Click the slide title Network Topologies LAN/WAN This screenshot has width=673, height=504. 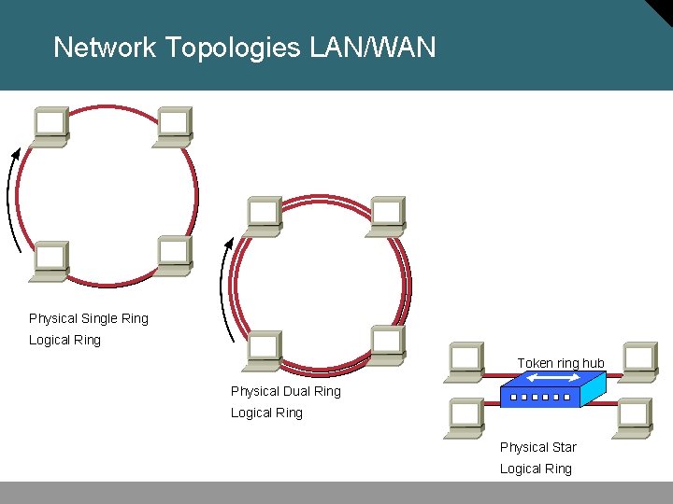(244, 47)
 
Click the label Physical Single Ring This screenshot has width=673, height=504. (89, 318)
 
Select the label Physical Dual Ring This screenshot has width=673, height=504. (285, 391)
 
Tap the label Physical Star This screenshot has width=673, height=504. (537, 447)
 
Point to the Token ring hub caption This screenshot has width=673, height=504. (561, 363)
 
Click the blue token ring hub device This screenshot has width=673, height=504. (551, 389)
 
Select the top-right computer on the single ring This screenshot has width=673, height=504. (174, 126)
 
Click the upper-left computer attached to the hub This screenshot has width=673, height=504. (465, 362)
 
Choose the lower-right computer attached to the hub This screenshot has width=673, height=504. (633, 418)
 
